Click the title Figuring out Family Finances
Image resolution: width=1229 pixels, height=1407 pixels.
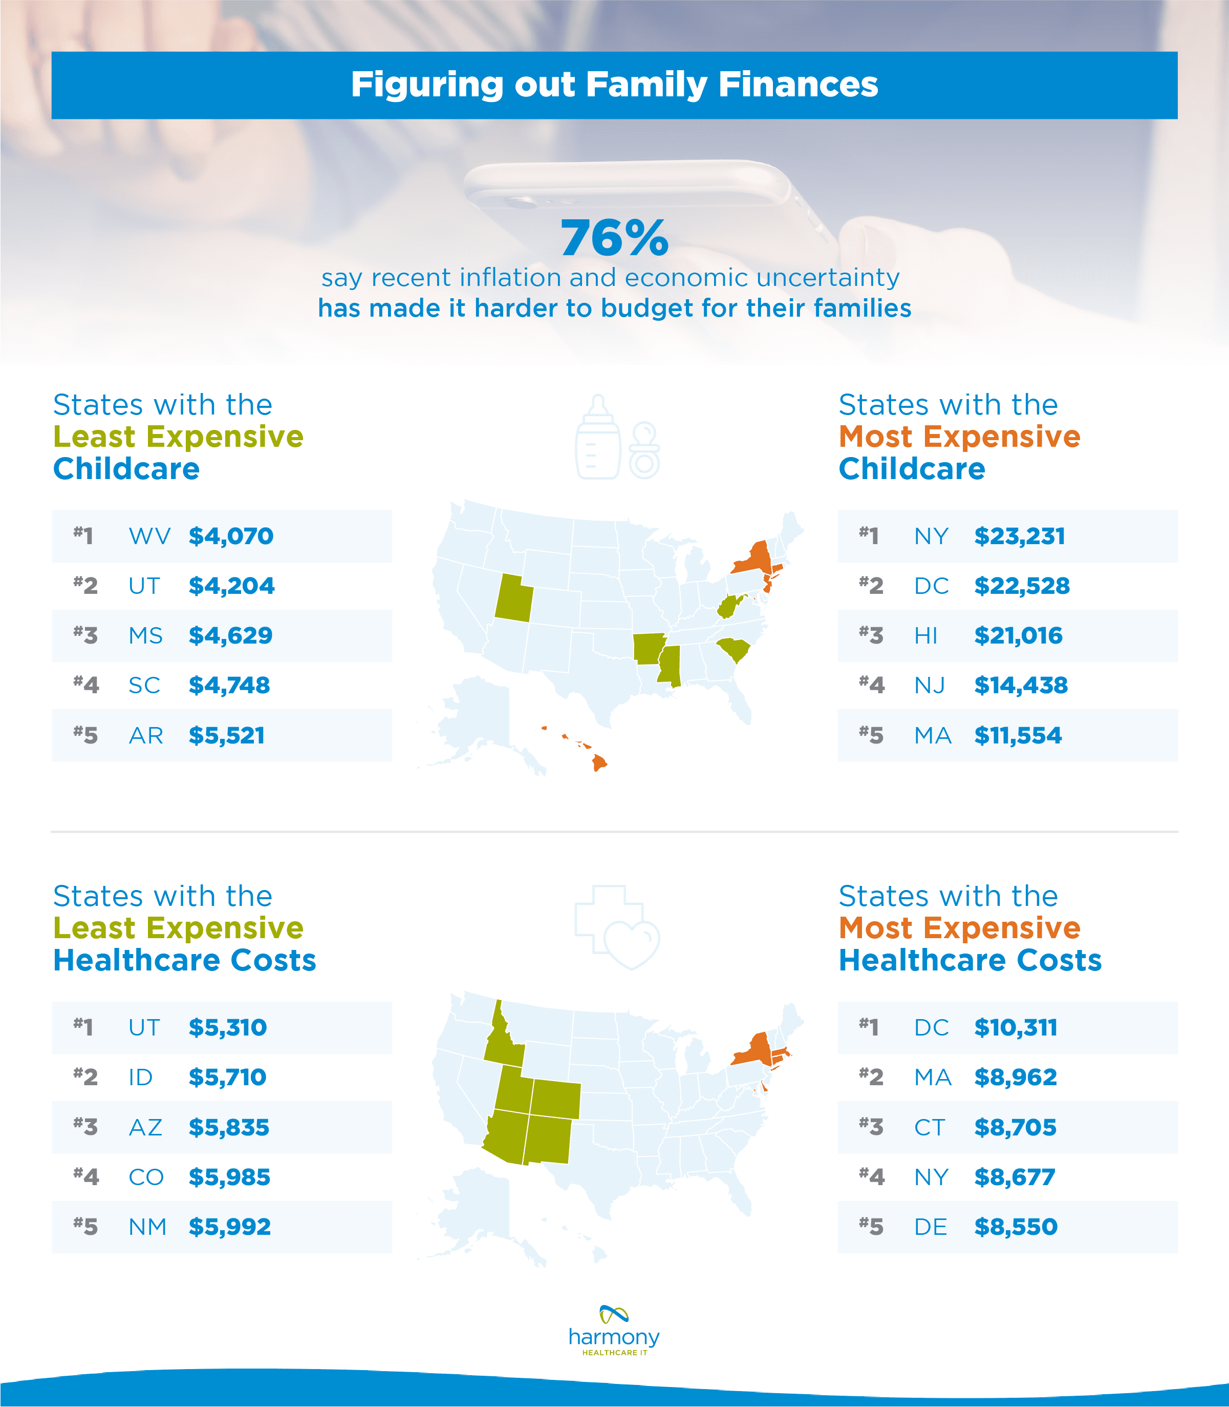pyautogui.click(x=614, y=85)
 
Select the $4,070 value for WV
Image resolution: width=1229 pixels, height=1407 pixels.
pyautogui.click(x=231, y=536)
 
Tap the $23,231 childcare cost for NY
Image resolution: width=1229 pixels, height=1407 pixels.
pyautogui.click(x=1020, y=536)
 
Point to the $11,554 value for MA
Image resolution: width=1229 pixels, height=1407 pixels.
pyautogui.click(x=1018, y=736)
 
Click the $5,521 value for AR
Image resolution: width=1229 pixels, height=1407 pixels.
pyautogui.click(x=226, y=736)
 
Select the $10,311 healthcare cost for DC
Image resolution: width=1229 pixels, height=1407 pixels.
pyautogui.click(x=1016, y=1027)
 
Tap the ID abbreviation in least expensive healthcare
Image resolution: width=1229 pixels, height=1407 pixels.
pyautogui.click(x=141, y=1078)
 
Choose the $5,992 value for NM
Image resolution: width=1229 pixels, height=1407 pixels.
pyautogui.click(x=230, y=1227)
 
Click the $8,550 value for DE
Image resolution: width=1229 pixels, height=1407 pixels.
pyautogui.click(x=1016, y=1227)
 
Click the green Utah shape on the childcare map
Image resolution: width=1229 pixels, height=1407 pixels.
pyautogui.click(x=513, y=597)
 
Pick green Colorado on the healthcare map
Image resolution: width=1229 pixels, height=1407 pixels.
pyautogui.click(x=555, y=1100)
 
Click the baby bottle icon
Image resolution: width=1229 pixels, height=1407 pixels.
pyautogui.click(x=597, y=439)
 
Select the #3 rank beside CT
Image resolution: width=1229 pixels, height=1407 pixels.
pyautogui.click(x=871, y=1127)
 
